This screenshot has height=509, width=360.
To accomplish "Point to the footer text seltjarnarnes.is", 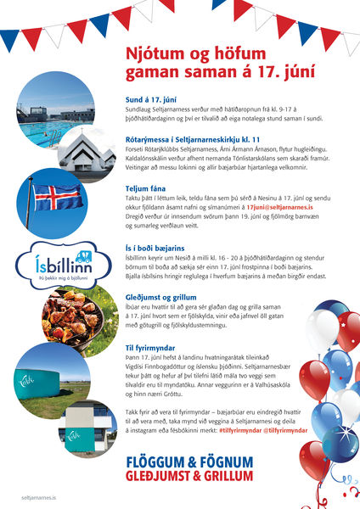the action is coord(38,501).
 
